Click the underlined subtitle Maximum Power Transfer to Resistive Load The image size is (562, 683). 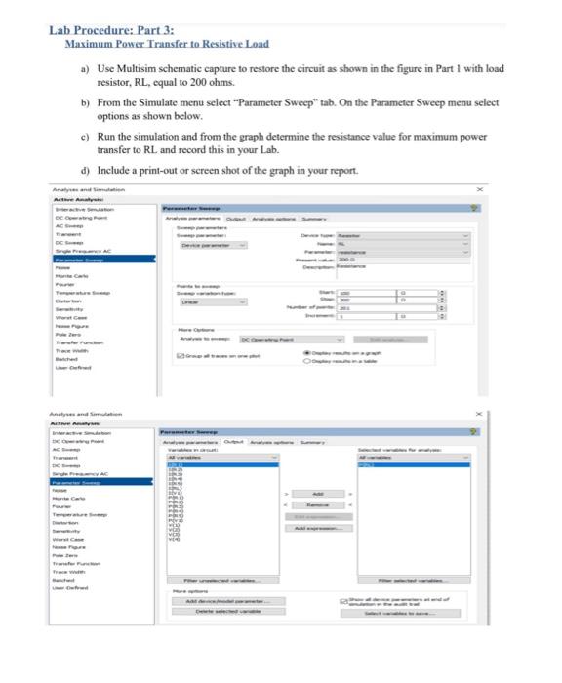point(166,45)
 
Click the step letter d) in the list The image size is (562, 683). point(85,170)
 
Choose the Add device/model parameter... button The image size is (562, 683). point(222,601)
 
